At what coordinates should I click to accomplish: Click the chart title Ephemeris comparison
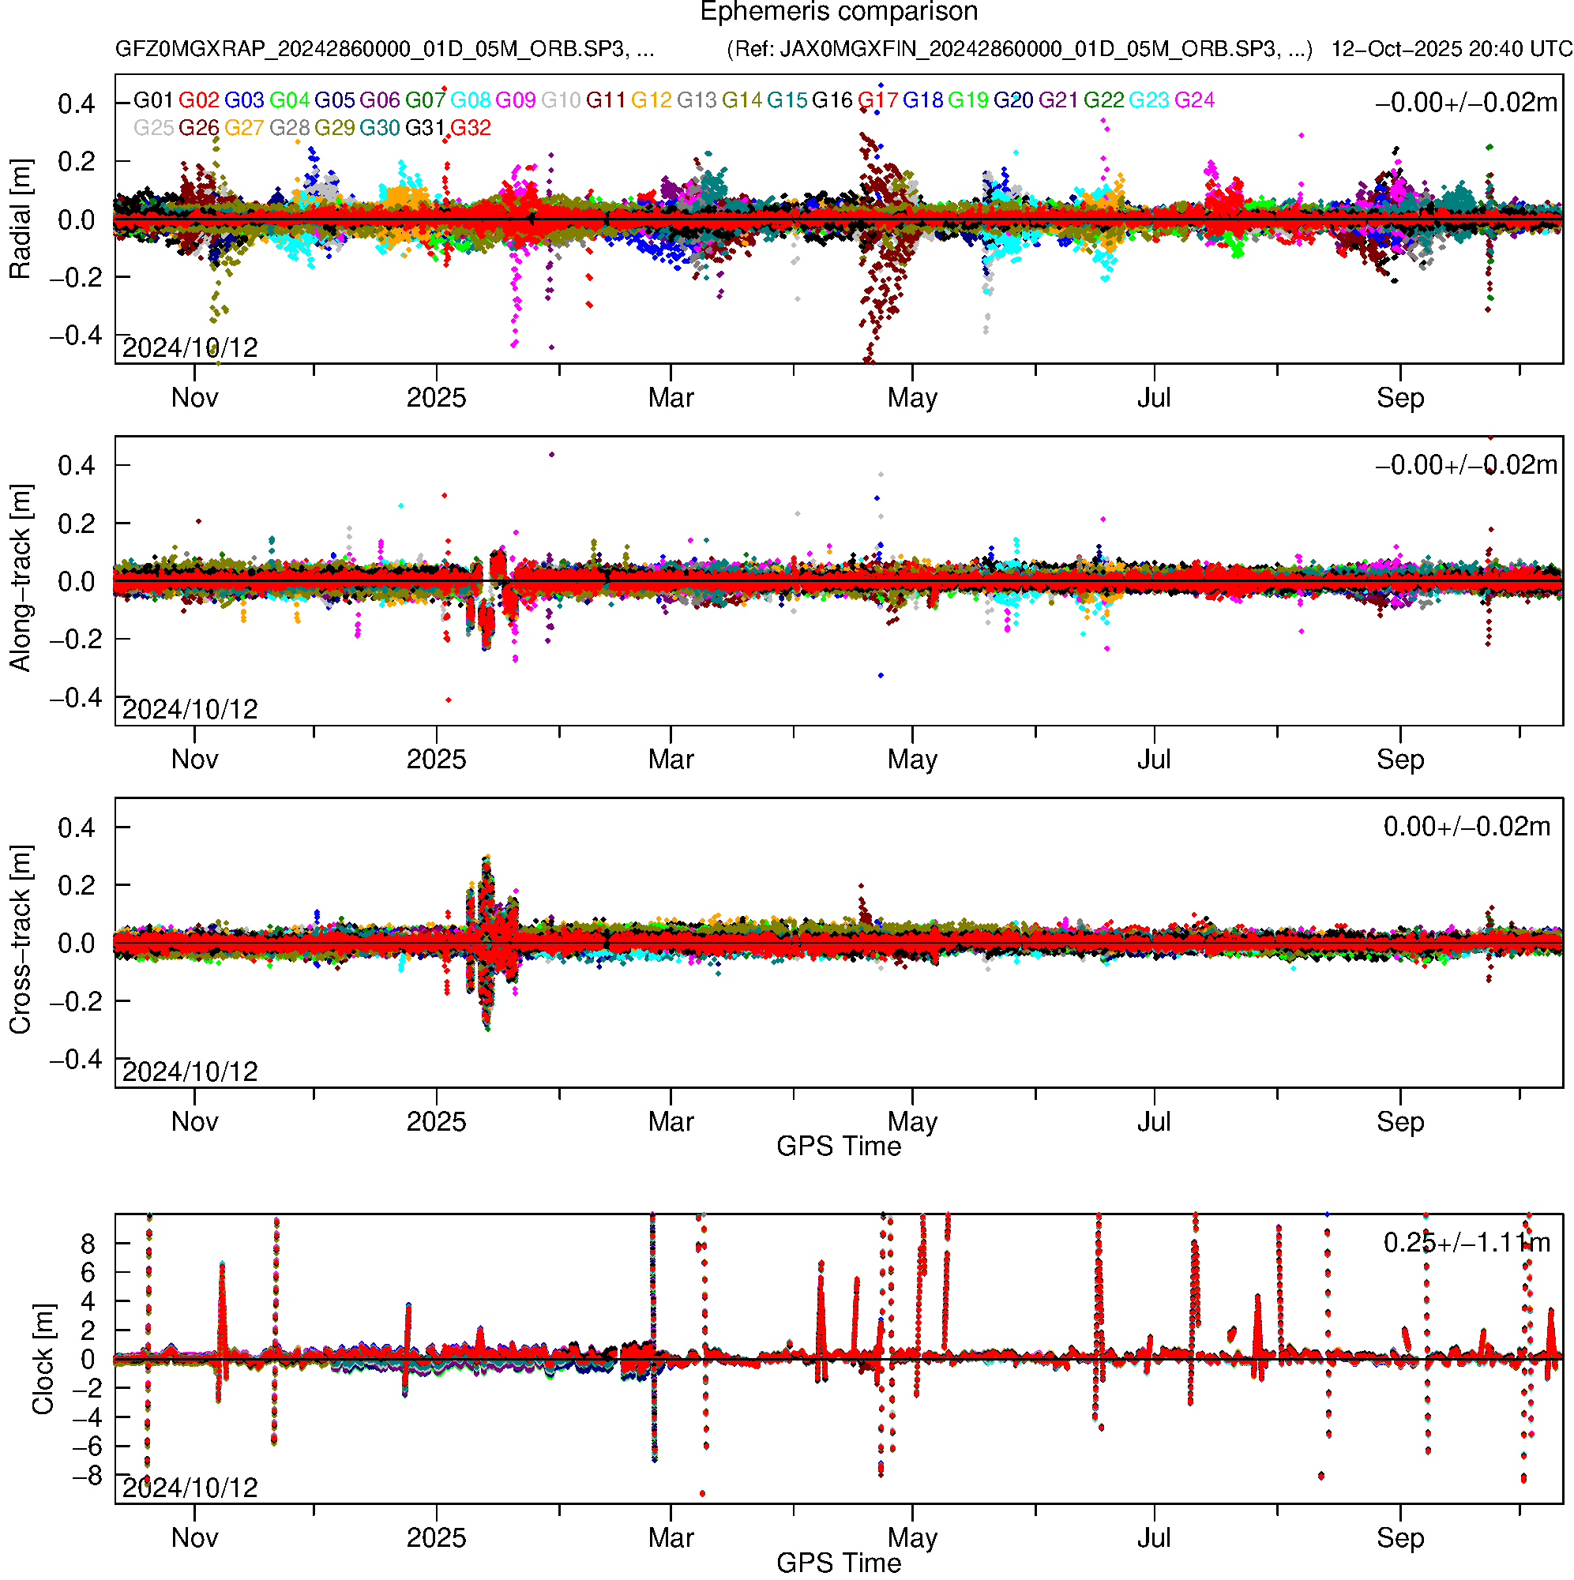coord(839,13)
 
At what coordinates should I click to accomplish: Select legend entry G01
coord(153,100)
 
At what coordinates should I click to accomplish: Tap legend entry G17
coord(877,100)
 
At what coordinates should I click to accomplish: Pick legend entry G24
coord(1194,100)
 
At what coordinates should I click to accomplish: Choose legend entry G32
coord(471,129)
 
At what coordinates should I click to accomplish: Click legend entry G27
coord(244,129)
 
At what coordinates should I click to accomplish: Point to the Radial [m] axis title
coord(20,220)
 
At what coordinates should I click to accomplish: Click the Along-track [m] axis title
coord(20,578)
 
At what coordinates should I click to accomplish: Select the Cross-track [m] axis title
coord(20,940)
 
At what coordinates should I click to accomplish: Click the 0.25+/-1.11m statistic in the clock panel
coord(1466,1243)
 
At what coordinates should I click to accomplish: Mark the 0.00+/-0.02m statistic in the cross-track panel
coord(1466,827)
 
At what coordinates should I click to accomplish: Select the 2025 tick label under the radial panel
coord(436,398)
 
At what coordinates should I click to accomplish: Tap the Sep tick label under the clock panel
coord(1399,1538)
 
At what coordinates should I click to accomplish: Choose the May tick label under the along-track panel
coord(912,760)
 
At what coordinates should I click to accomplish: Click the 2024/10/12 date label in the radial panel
coord(190,348)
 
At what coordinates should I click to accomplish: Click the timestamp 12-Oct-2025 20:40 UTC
coord(1451,49)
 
